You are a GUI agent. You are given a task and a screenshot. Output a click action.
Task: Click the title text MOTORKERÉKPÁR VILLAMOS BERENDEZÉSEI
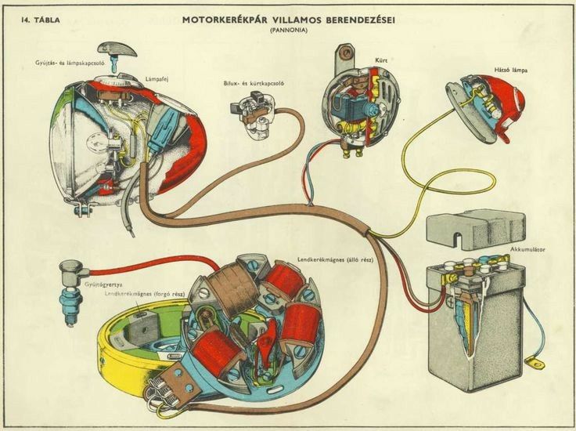pyautogui.click(x=289, y=18)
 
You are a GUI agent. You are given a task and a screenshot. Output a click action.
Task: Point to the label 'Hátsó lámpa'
pyautogui.click(x=510, y=70)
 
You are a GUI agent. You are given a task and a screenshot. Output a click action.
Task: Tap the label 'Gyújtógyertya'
pyautogui.click(x=82, y=286)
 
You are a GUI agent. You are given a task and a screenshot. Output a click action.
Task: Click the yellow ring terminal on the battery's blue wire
pyautogui.click(x=535, y=363)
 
